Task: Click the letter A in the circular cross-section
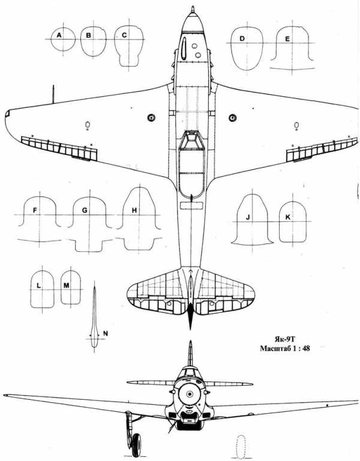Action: pyautogui.click(x=59, y=35)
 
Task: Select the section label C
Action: pyautogui.click(x=124, y=35)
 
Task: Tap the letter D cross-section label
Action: pyautogui.click(x=242, y=38)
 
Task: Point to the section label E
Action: pyautogui.click(x=287, y=39)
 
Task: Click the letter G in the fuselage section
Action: pyautogui.click(x=85, y=210)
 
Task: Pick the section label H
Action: pyautogui.click(x=134, y=210)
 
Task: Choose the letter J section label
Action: pyautogui.click(x=248, y=217)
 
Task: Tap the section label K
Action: pyautogui.click(x=288, y=217)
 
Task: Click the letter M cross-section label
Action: pyautogui.click(x=67, y=285)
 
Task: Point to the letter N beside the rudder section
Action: pyautogui.click(x=106, y=333)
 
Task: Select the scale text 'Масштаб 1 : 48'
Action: pyautogui.click(x=285, y=349)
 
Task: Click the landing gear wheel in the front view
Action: pyautogui.click(x=136, y=445)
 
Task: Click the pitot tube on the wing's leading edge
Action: pyautogui.click(x=53, y=94)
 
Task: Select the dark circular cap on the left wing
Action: pyautogui.click(x=151, y=117)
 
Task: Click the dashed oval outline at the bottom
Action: pyautogui.click(x=241, y=447)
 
